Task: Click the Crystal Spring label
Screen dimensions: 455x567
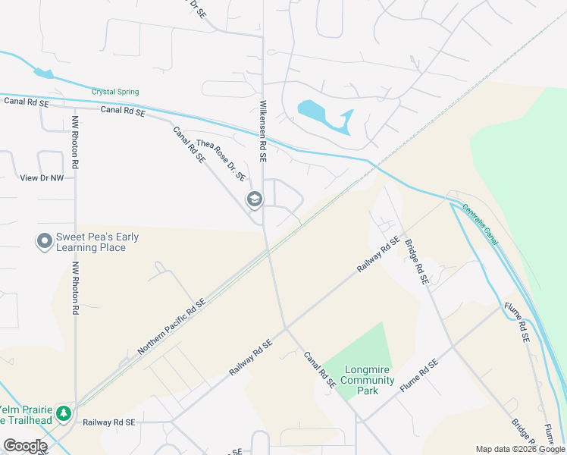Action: (x=115, y=92)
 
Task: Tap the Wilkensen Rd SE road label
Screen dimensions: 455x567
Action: (x=264, y=131)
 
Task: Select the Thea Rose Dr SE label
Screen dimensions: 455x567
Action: (x=221, y=160)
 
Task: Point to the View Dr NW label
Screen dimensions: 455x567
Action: (x=41, y=177)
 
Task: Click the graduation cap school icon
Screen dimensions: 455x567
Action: (x=254, y=199)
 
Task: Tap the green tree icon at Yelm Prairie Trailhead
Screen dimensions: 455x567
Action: (x=65, y=413)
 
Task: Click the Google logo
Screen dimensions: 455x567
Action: (x=25, y=446)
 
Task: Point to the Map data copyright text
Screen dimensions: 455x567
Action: (x=520, y=449)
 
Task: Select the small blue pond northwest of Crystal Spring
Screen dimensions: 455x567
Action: (x=43, y=73)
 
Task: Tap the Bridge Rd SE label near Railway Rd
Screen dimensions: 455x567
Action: (x=416, y=262)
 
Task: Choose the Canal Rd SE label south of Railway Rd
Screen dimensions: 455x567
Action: (x=319, y=369)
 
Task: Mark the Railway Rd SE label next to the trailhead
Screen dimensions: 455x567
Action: (x=108, y=422)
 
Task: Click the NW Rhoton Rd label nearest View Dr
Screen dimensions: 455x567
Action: (x=76, y=142)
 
